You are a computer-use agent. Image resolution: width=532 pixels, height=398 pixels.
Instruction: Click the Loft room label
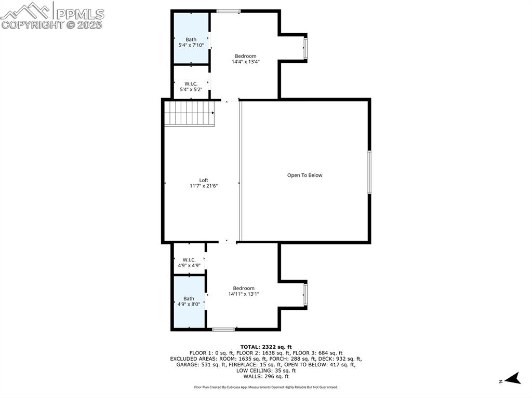tap(204, 181)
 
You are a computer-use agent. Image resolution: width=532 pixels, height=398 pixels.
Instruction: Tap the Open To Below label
tap(304, 175)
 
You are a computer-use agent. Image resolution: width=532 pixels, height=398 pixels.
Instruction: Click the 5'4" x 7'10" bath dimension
tap(191, 45)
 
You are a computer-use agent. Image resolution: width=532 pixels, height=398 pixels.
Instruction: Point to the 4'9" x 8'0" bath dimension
tap(189, 305)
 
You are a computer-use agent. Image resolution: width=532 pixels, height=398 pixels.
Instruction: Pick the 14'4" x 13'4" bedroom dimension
tap(246, 62)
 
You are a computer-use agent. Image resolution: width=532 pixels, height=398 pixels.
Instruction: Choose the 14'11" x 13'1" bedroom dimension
tap(244, 294)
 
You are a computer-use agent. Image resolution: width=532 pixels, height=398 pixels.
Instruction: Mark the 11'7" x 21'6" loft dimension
tap(204, 186)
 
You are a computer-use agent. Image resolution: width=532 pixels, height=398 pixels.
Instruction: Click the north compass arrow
tap(513, 378)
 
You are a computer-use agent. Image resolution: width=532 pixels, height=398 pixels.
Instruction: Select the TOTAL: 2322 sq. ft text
tap(266, 347)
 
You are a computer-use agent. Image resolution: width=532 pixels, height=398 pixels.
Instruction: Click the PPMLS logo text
tap(80, 14)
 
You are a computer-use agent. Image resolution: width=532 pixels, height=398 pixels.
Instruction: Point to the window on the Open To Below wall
tap(369, 172)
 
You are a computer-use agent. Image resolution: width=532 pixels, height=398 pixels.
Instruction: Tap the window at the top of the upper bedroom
tap(229, 11)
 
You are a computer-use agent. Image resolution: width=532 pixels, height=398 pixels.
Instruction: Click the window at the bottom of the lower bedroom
tap(223, 329)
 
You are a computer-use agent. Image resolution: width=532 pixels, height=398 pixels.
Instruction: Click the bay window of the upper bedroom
tap(305, 48)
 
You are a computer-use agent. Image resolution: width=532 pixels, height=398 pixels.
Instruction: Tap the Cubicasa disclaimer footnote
tap(266, 387)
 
